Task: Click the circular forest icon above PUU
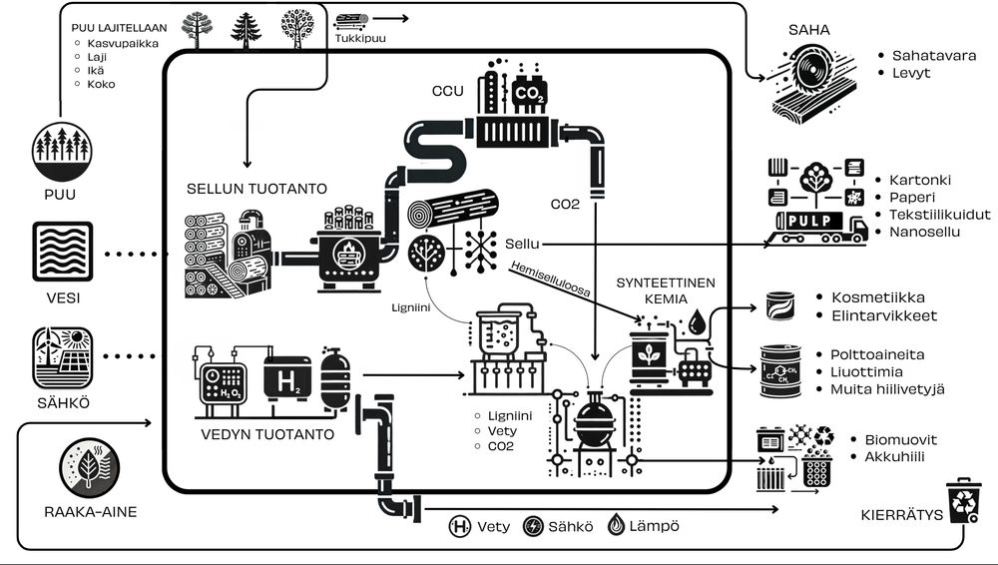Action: (62, 150)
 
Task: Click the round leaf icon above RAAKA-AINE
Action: (89, 465)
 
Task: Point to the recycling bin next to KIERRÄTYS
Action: (963, 500)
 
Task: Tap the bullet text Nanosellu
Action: (924, 232)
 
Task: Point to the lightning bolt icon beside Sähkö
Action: (534, 525)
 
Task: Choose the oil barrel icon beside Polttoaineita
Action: (781, 370)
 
